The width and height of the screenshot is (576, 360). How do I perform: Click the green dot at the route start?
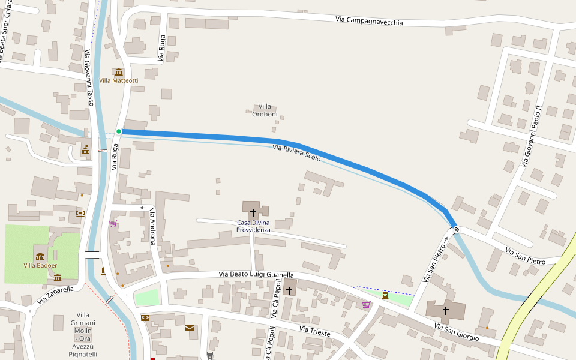[119, 131]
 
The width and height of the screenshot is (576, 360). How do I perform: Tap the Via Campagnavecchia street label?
[369, 21]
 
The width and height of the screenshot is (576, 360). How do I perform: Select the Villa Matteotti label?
[118, 80]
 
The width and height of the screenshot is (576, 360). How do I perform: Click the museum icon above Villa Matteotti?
[118, 72]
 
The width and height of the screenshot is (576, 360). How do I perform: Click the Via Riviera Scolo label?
[296, 154]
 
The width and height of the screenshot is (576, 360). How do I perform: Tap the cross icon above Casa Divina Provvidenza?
[253, 212]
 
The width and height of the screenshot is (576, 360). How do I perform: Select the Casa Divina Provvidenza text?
[253, 226]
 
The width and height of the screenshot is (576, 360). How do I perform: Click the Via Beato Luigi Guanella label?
[256, 274]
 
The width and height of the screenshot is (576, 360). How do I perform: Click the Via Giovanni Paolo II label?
[532, 136]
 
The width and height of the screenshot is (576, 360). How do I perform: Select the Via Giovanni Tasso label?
[89, 78]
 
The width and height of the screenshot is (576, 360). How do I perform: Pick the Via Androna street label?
[153, 226]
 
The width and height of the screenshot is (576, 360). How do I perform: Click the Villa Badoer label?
[40, 265]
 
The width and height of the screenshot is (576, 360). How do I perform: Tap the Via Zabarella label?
[55, 295]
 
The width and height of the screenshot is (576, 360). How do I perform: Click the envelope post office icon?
[190, 328]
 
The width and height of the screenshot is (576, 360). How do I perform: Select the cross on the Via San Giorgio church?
[445, 310]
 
